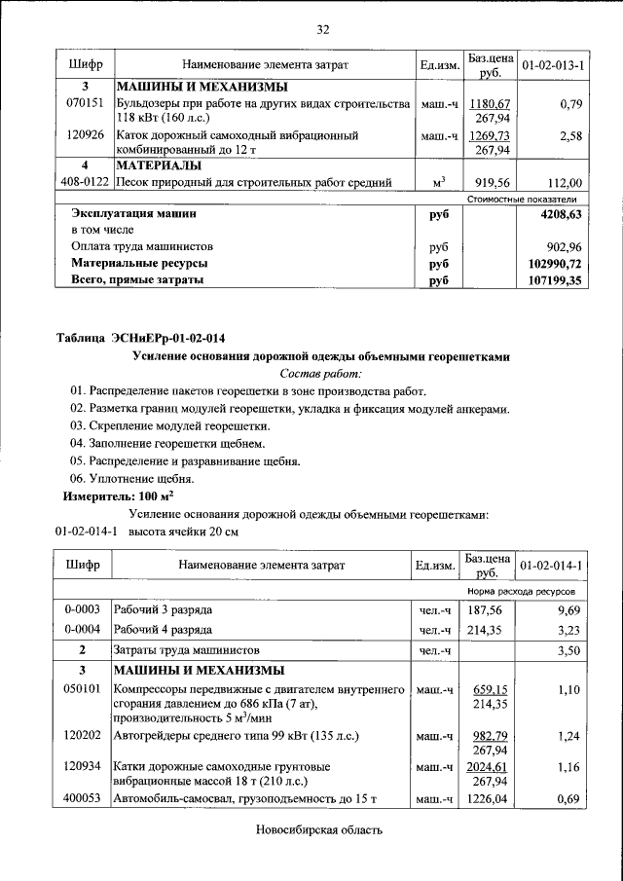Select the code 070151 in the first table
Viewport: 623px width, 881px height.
(x=85, y=103)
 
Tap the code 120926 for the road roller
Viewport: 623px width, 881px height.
(x=85, y=135)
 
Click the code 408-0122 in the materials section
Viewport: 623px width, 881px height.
(x=85, y=182)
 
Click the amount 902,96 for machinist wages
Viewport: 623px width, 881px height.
(x=564, y=246)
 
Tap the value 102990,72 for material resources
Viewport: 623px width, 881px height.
(x=550, y=263)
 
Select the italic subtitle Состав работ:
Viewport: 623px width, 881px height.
(x=320, y=373)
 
